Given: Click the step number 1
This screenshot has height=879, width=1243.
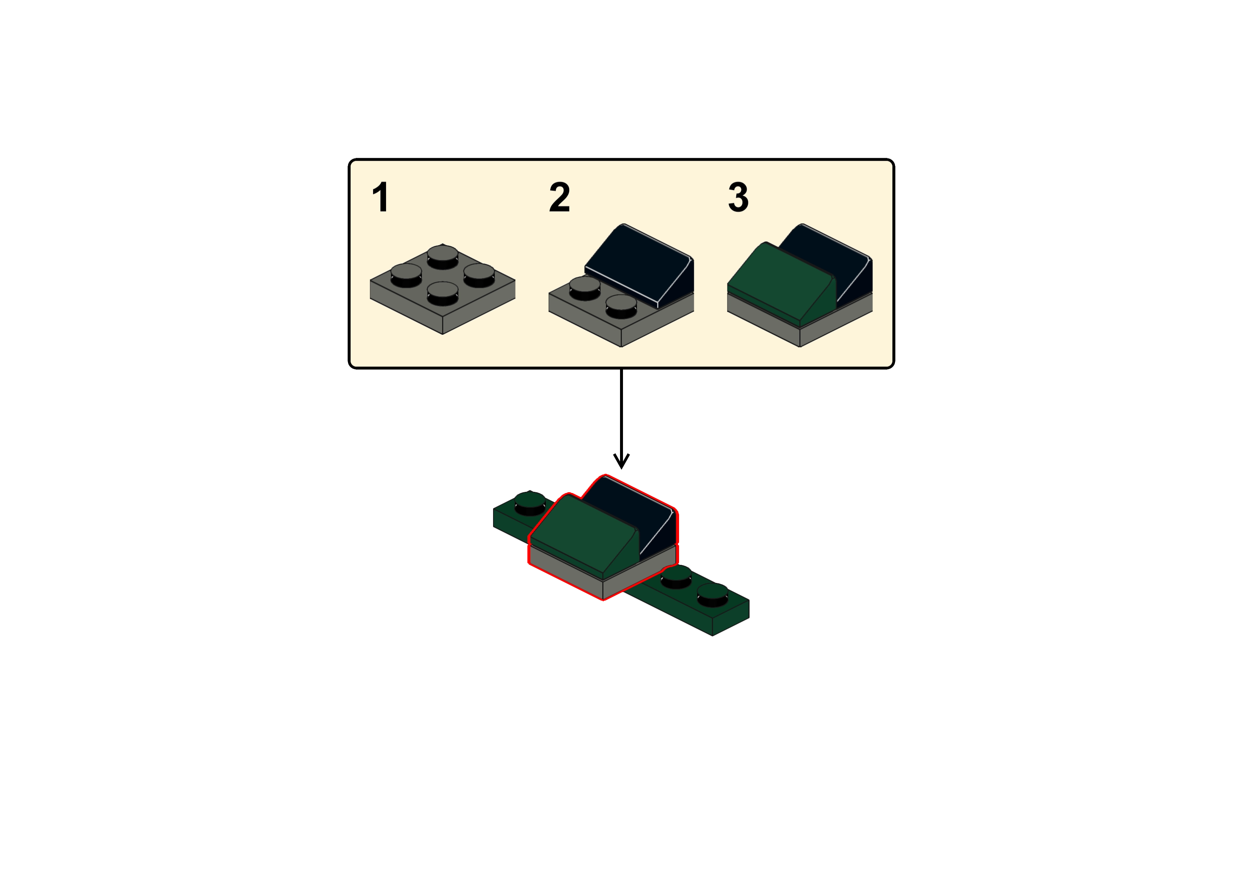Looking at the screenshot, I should click(x=381, y=198).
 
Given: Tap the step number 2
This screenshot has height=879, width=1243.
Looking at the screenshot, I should click(x=559, y=198).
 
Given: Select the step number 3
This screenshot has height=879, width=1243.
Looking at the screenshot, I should click(x=738, y=198).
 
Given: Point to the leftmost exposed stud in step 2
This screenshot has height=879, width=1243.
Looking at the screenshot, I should click(x=585, y=287).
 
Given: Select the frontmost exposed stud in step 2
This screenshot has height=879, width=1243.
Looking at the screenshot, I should click(x=621, y=306).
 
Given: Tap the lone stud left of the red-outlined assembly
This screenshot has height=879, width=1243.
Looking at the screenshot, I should click(x=529, y=503).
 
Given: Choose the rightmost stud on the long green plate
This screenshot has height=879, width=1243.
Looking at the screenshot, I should click(x=712, y=594).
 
